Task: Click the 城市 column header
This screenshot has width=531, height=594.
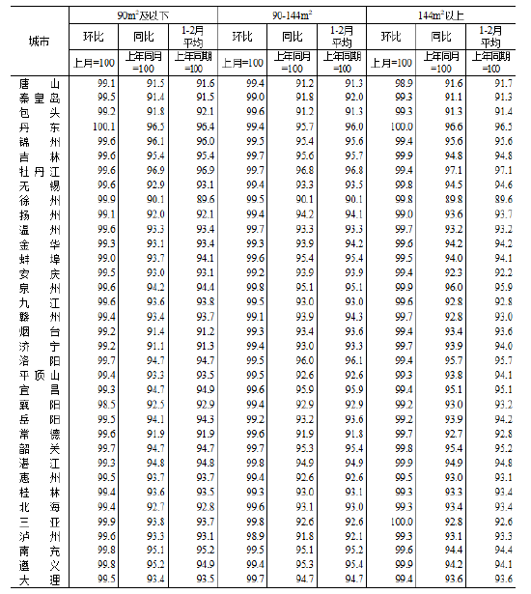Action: [40, 42]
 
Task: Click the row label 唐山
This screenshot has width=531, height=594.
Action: [40, 84]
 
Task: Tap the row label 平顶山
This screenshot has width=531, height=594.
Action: [40, 374]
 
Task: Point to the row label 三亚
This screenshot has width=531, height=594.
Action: [40, 520]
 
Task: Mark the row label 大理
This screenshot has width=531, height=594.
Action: [40, 578]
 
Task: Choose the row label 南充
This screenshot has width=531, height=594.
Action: [40, 549]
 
